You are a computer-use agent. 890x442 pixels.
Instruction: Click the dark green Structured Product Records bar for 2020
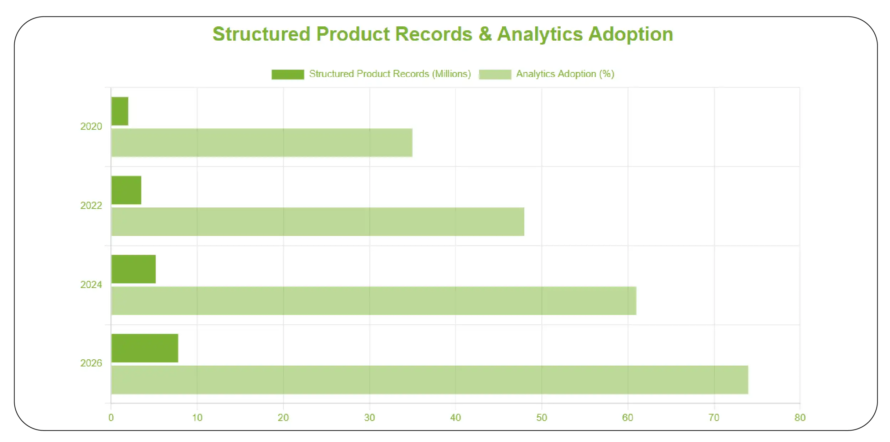pyautogui.click(x=120, y=111)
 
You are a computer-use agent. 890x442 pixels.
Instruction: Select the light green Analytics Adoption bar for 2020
pyautogui.click(x=262, y=143)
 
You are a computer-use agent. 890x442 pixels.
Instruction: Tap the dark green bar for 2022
pyautogui.click(x=126, y=190)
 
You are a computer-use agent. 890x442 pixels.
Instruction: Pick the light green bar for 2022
pyautogui.click(x=318, y=222)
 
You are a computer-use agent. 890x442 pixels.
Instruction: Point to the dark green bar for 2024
pyautogui.click(x=134, y=269)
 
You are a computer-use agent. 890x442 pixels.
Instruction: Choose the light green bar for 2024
pyautogui.click(x=374, y=300)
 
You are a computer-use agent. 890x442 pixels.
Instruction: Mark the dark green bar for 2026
pyautogui.click(x=145, y=348)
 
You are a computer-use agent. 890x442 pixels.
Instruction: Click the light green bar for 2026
pyautogui.click(x=429, y=380)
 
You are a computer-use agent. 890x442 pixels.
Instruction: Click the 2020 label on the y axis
pyautogui.click(x=91, y=127)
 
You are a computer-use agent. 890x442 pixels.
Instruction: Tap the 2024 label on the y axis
pyautogui.click(x=91, y=285)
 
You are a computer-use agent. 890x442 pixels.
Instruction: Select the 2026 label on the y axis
pyautogui.click(x=91, y=363)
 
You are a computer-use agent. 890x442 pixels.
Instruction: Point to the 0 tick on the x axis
pyautogui.click(x=111, y=418)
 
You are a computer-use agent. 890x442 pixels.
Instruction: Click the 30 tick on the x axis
pyautogui.click(x=369, y=418)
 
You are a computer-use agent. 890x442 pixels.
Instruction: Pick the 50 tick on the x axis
pyautogui.click(x=541, y=418)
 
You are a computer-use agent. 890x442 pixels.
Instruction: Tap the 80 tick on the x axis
pyautogui.click(x=800, y=418)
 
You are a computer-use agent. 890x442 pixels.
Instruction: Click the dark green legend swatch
pyautogui.click(x=288, y=74)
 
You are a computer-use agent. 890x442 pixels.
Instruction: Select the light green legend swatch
pyautogui.click(x=495, y=74)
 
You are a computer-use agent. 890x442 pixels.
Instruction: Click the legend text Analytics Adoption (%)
pyautogui.click(x=565, y=74)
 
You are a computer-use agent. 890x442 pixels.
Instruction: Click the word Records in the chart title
pyautogui.click(x=433, y=34)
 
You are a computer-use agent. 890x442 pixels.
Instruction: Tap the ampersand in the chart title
pyautogui.click(x=485, y=34)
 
